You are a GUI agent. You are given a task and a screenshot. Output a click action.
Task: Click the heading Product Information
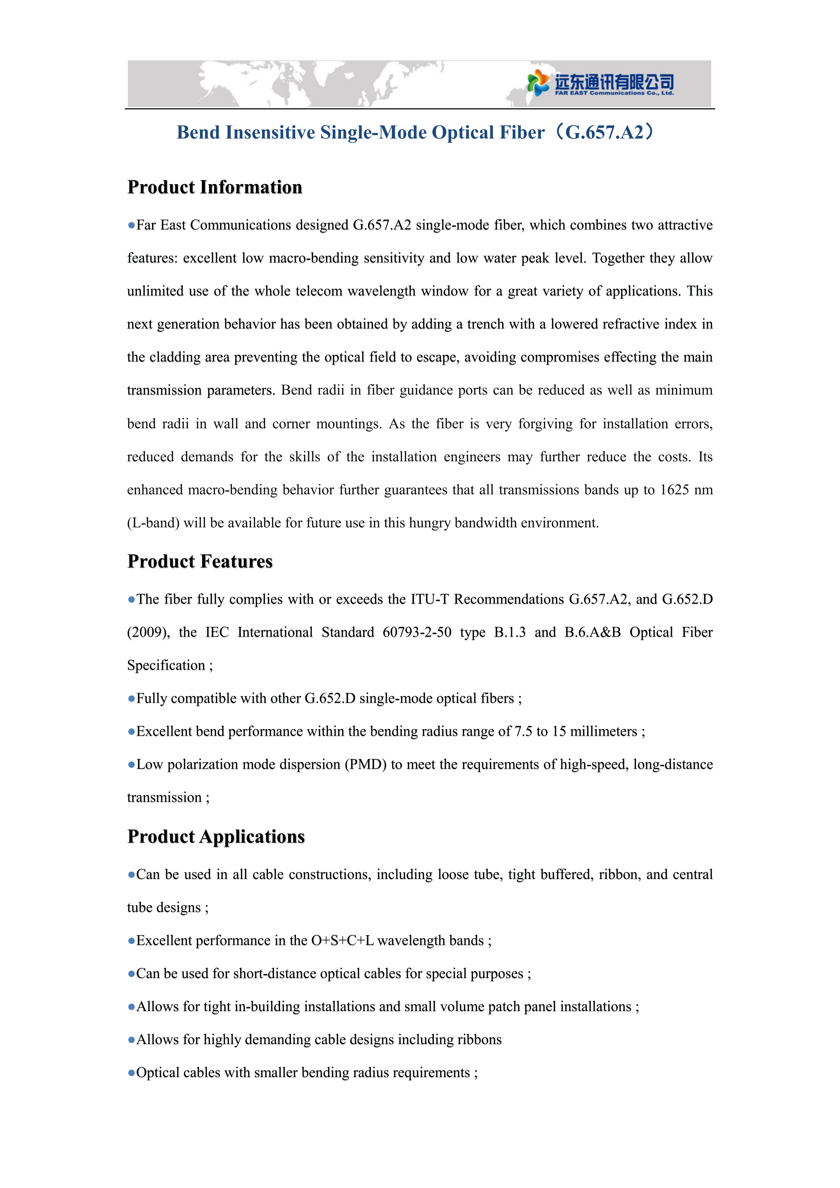click(x=215, y=187)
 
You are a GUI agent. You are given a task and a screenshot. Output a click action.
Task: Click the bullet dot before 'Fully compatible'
click(x=131, y=699)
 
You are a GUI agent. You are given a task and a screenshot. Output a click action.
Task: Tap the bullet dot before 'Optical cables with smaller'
click(x=131, y=1073)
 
